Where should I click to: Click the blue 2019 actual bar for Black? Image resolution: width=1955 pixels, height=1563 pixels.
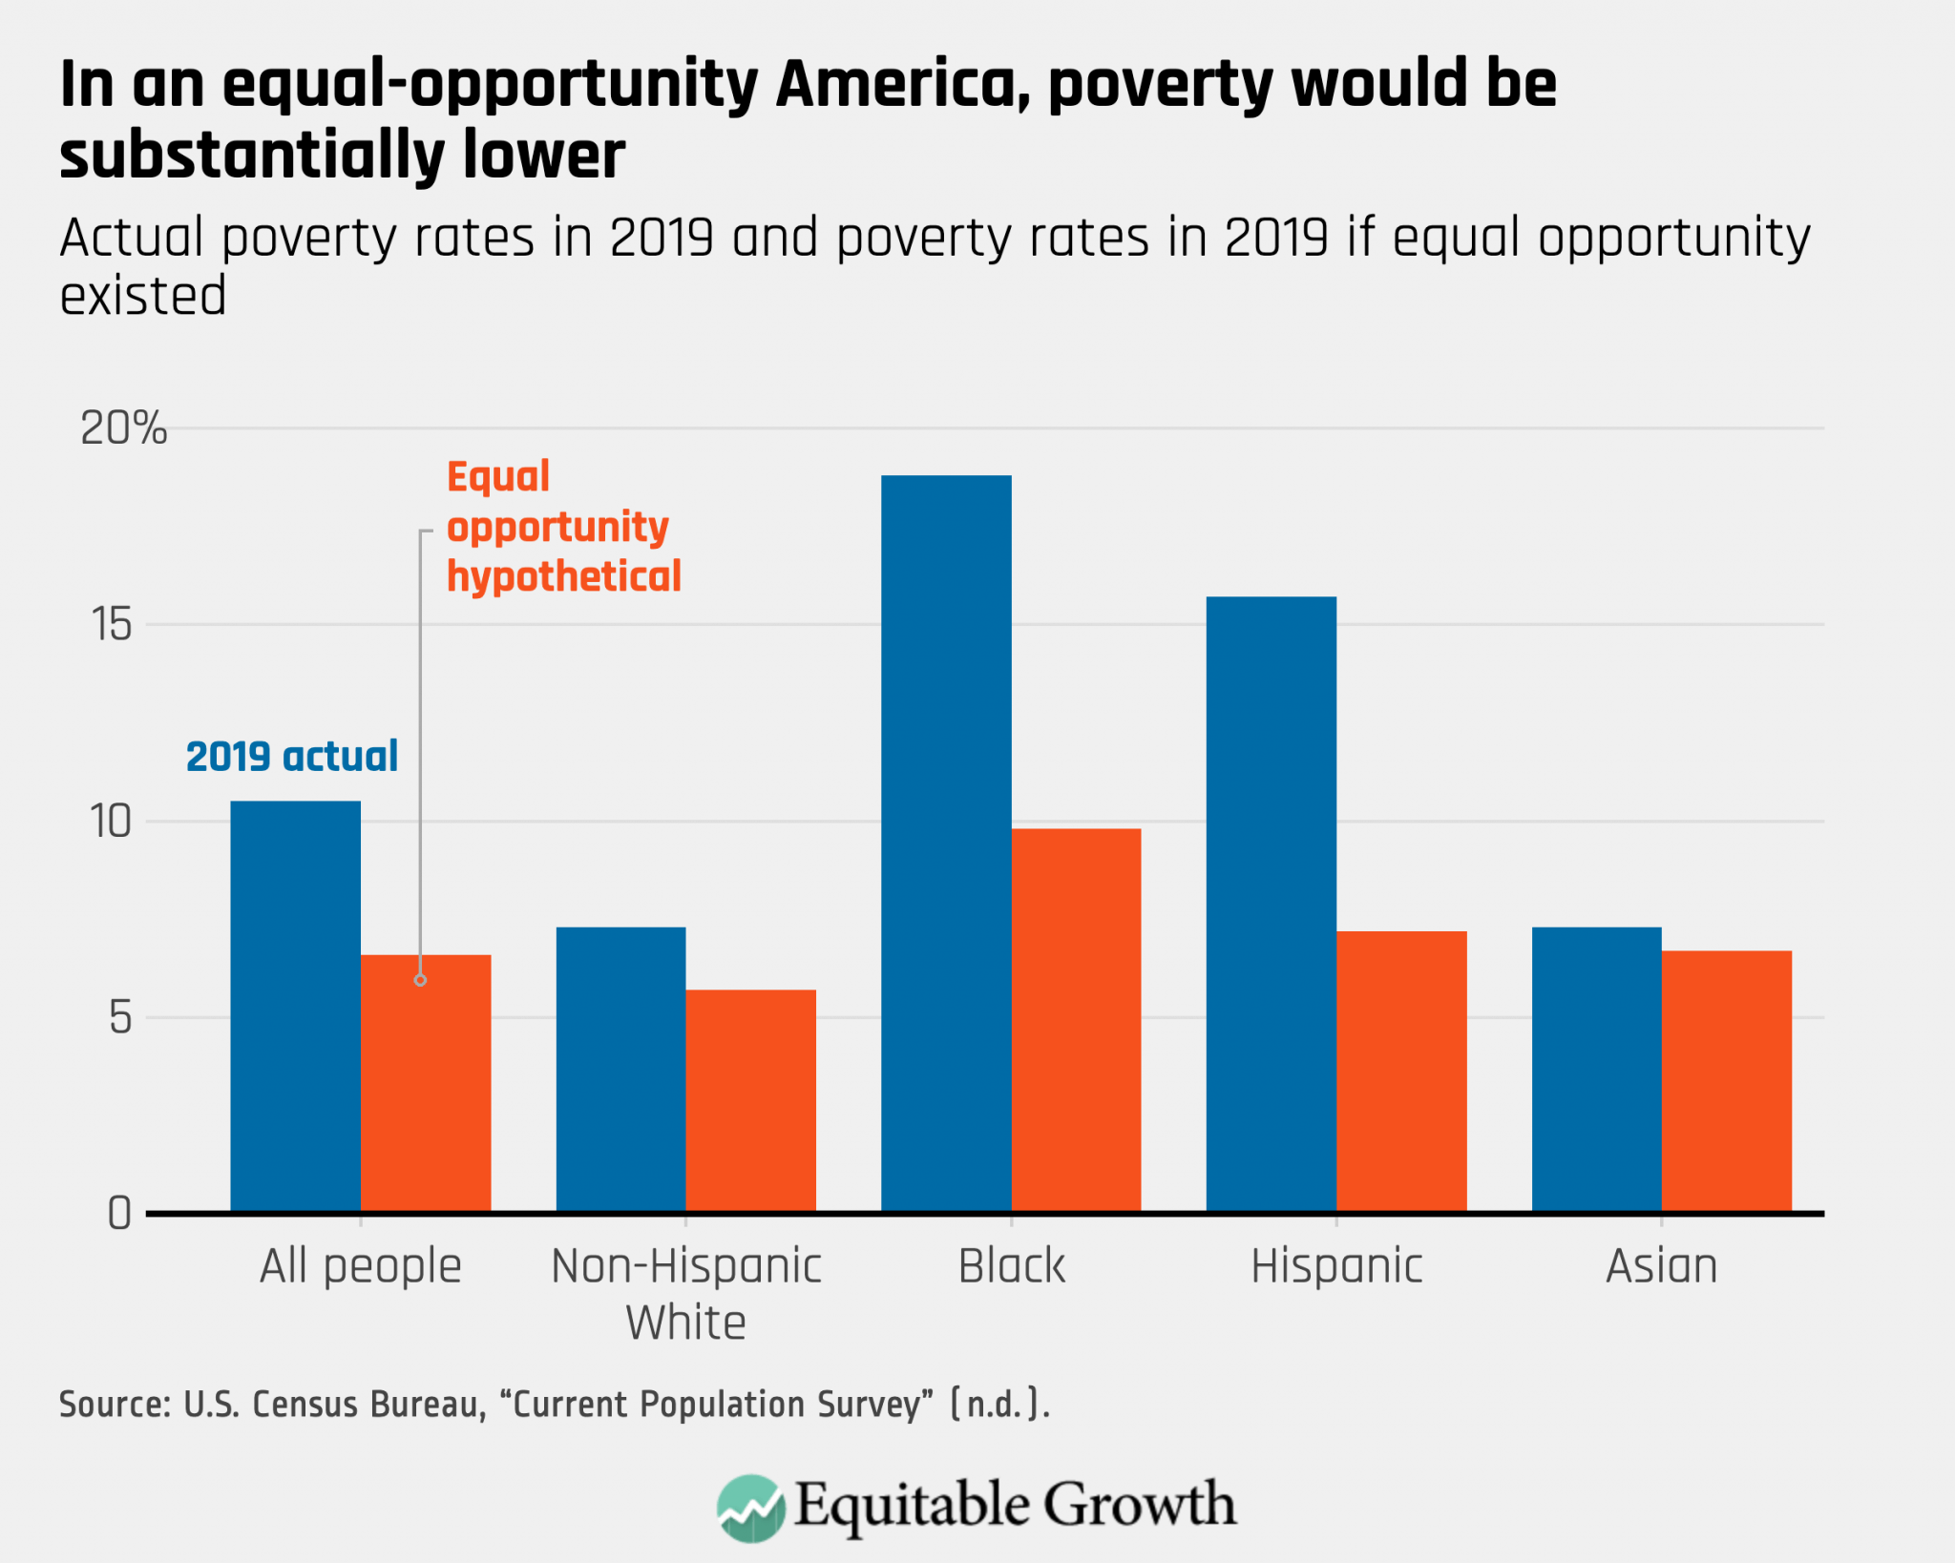(x=945, y=844)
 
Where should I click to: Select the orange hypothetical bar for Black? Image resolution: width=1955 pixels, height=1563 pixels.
(x=1076, y=1021)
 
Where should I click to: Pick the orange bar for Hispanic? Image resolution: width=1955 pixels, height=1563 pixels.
(x=1400, y=1072)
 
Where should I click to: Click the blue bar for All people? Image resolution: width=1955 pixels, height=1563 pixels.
(x=295, y=1007)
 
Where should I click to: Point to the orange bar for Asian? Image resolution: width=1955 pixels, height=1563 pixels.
(x=1726, y=1081)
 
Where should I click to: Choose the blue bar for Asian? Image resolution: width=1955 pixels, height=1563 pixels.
(x=1596, y=1070)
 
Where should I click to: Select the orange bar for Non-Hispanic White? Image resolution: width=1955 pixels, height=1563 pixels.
(x=750, y=1101)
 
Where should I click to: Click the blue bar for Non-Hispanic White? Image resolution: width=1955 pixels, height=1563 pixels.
(x=620, y=1070)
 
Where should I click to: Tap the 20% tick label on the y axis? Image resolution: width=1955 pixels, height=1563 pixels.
(x=123, y=428)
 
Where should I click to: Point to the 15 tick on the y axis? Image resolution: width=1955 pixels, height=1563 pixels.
(x=112, y=625)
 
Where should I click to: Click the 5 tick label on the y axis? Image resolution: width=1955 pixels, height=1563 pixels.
(x=119, y=1018)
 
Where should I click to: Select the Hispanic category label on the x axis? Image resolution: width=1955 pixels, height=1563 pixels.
(x=1336, y=1266)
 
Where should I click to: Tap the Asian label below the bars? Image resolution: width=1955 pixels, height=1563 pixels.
(x=1661, y=1266)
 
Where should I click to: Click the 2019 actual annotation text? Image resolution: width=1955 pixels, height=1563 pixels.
(x=291, y=757)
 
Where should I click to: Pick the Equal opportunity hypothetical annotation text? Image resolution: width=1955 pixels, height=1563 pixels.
(x=563, y=527)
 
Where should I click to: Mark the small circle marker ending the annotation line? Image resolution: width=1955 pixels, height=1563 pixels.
(x=420, y=980)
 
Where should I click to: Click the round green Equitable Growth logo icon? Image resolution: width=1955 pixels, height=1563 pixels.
(x=750, y=1509)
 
